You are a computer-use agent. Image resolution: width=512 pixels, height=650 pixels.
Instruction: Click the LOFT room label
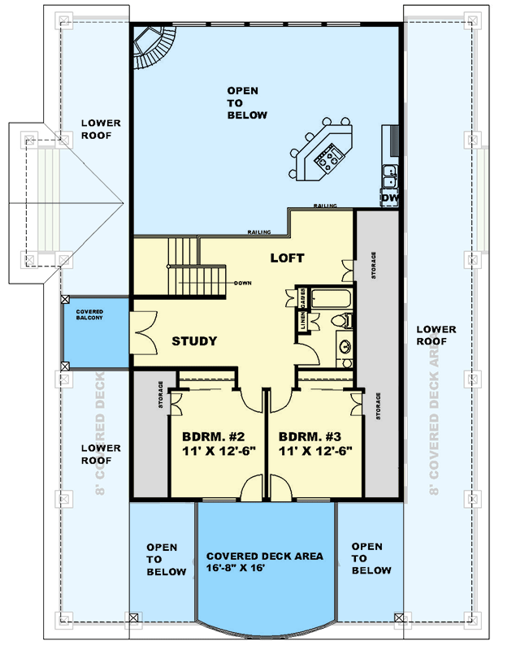coord(287,258)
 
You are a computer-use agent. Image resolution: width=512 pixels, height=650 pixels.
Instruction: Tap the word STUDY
coord(194,341)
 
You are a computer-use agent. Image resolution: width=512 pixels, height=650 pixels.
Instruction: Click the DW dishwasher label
coord(389,197)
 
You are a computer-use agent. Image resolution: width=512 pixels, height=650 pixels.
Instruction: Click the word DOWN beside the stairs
coord(242,284)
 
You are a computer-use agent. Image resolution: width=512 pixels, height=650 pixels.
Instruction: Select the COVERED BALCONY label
coord(96,317)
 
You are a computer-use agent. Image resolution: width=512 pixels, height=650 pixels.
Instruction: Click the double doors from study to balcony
coord(140,333)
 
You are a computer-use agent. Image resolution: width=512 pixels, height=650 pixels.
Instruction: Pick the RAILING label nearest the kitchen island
coord(325,206)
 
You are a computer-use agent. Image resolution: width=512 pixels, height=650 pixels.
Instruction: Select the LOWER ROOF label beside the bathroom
coord(436,336)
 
